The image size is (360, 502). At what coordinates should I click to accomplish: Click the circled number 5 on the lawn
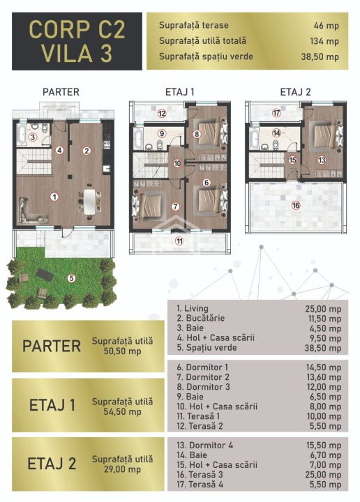tap(71, 278)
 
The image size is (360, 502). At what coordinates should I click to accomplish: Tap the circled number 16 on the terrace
tap(296, 205)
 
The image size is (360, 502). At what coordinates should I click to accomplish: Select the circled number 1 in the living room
tap(54, 196)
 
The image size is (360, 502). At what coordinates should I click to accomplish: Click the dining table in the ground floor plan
tap(90, 201)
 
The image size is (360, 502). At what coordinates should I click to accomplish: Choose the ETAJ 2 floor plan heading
tap(296, 92)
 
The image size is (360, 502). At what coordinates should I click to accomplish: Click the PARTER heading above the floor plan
tap(61, 92)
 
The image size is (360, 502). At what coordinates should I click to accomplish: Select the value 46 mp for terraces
tap(326, 26)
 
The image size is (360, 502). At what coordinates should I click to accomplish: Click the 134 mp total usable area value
tap(324, 41)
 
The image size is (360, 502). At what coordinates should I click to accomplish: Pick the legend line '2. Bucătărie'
tap(201, 318)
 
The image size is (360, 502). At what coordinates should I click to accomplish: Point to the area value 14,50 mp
tap(324, 367)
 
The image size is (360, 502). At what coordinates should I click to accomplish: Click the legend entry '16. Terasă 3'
tap(200, 475)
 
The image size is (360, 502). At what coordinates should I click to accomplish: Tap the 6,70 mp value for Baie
tap(325, 455)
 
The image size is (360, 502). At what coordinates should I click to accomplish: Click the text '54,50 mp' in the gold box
tap(122, 412)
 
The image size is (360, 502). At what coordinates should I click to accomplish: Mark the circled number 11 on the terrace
tap(179, 241)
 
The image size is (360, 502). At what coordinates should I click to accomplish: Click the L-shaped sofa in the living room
tap(31, 211)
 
